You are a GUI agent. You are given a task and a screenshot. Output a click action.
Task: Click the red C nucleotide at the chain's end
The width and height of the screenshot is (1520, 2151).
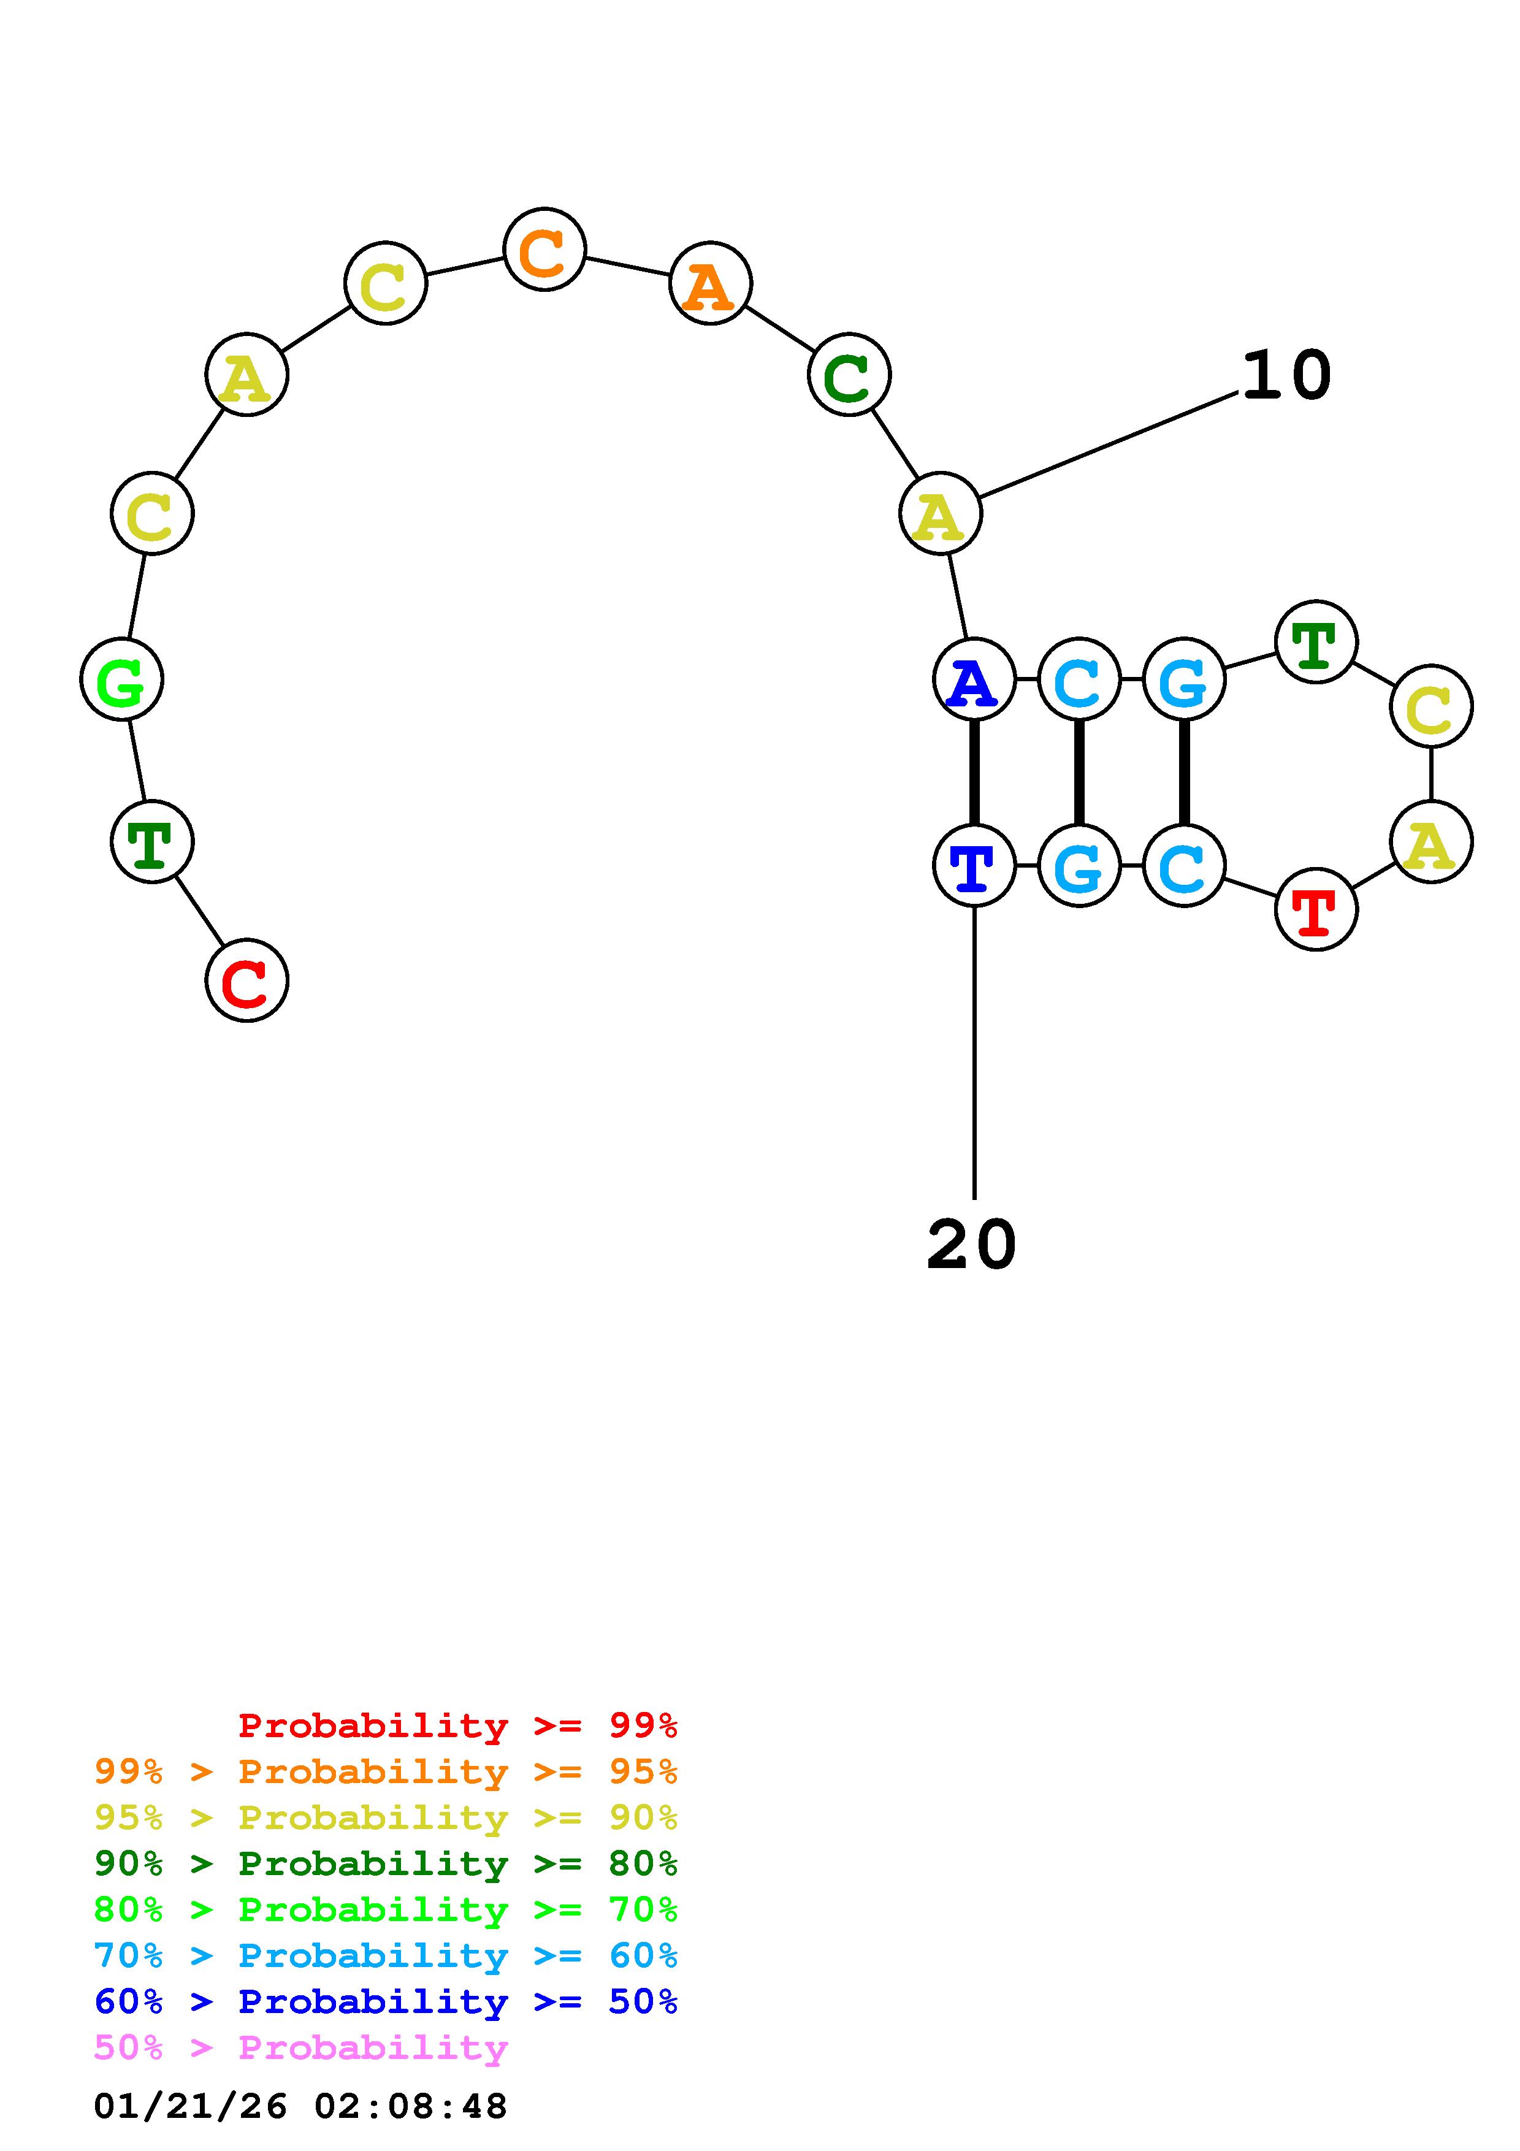click(x=246, y=981)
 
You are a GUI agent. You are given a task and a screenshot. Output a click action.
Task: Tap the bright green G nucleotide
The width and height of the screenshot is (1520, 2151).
click(x=122, y=679)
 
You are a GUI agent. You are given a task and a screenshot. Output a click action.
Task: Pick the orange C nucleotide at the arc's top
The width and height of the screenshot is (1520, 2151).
click(x=544, y=250)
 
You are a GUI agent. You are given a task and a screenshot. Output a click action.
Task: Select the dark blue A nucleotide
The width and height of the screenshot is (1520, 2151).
click(x=974, y=679)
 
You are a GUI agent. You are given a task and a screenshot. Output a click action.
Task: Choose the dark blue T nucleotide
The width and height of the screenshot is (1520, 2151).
click(x=974, y=866)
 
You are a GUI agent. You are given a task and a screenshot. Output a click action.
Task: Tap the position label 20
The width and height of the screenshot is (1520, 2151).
click(x=971, y=1245)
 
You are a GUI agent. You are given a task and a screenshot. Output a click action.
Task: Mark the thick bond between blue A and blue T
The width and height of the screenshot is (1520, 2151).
click(x=974, y=772)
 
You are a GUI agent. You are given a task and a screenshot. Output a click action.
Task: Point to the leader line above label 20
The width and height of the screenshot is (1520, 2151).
click(x=974, y=1049)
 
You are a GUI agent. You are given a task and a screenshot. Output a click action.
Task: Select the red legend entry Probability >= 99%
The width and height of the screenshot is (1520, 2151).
click(x=457, y=1725)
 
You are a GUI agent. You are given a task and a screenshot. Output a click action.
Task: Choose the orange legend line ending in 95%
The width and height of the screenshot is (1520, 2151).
click(x=385, y=1771)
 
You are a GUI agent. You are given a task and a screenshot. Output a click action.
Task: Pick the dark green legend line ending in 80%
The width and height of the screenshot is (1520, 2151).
click(x=385, y=1863)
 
